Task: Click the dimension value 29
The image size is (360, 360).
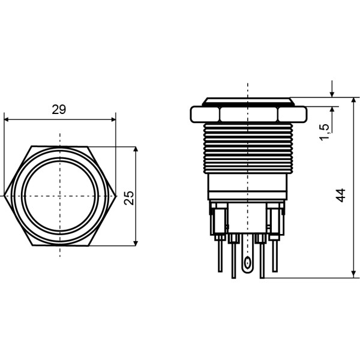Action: point(58,109)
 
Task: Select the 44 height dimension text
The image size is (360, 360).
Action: point(341,194)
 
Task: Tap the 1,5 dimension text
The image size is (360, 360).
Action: point(325,132)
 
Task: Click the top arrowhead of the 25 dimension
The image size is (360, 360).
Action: point(136,150)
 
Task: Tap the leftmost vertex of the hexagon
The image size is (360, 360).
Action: point(4,196)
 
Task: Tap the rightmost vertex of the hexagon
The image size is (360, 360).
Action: point(116,196)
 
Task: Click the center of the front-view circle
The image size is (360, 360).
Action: point(60,196)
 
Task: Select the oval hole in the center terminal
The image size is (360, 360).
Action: point(248,262)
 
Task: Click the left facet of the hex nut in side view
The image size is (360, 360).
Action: point(205,114)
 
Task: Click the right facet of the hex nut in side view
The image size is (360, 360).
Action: point(292,114)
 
